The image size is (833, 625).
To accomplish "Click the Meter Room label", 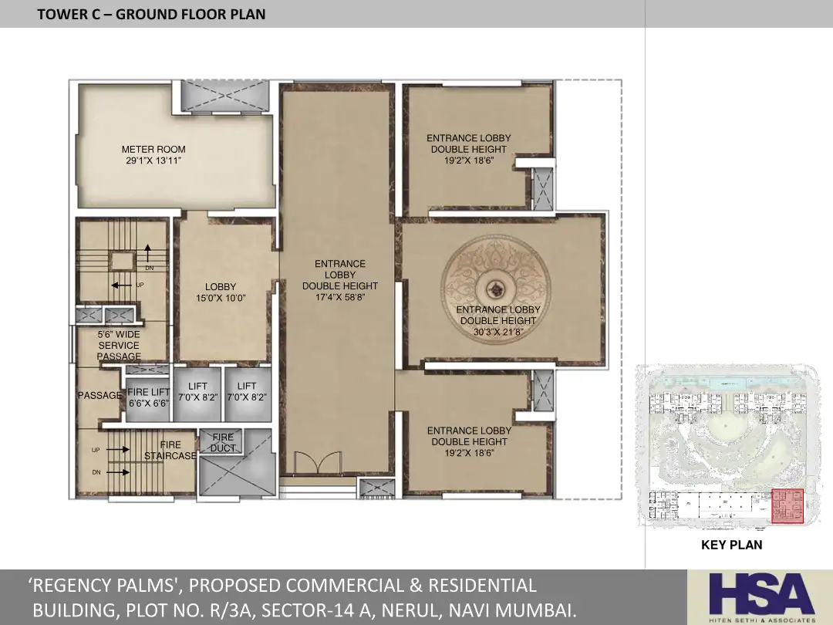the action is tap(153, 150).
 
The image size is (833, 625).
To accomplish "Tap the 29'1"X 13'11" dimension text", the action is tap(153, 160).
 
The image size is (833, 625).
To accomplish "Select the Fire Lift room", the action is tap(148, 398).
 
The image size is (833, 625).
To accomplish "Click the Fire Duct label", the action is tap(223, 442).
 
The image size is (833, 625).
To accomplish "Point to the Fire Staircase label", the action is tap(170, 450).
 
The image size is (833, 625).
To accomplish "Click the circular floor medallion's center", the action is tap(496, 290).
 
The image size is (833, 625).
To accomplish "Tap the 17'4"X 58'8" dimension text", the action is tap(340, 298).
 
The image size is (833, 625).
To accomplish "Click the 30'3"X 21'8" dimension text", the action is tap(498, 332).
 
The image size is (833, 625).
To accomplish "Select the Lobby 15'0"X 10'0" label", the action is tap(221, 292).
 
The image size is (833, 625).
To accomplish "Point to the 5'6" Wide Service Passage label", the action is tap(119, 346).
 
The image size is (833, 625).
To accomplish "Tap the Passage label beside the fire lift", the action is tap(99, 395).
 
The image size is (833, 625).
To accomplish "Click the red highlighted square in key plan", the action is tap(787, 506).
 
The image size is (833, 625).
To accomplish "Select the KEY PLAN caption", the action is tap(731, 545).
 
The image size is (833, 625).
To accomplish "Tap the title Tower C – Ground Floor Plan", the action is tap(151, 15).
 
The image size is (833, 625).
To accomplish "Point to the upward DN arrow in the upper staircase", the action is tap(147, 252).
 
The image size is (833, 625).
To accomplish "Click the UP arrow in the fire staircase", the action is tap(118, 450).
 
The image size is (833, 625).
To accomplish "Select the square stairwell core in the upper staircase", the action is tap(123, 261).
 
